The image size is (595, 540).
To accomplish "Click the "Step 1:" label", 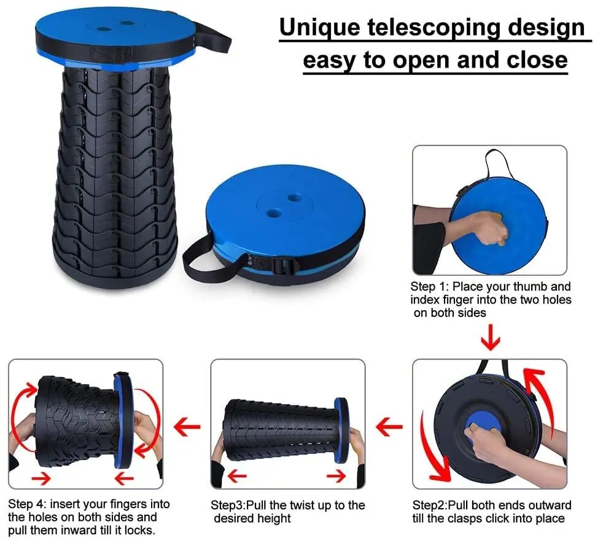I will [429, 287].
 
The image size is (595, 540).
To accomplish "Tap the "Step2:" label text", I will [429, 506].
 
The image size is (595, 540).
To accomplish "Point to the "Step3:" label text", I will [228, 506].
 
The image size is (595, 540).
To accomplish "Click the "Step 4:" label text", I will [28, 506].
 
